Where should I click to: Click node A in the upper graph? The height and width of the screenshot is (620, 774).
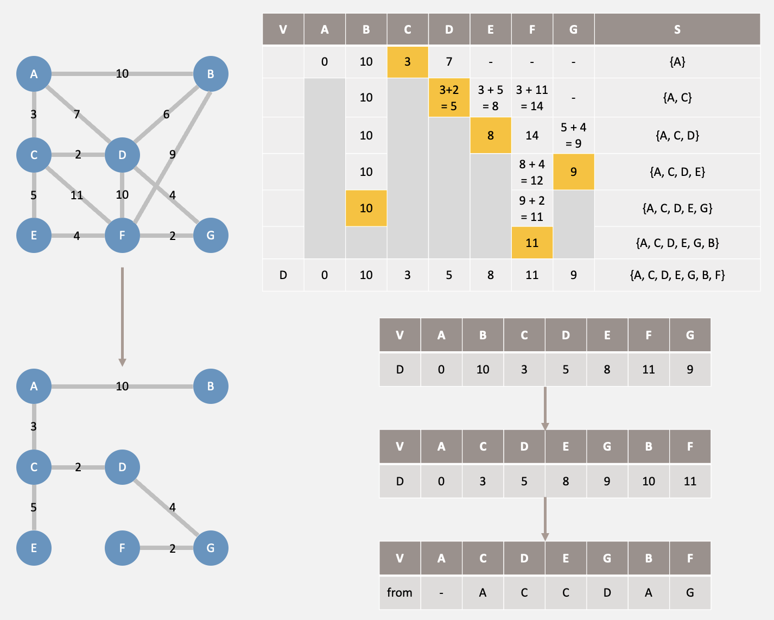[x=34, y=74]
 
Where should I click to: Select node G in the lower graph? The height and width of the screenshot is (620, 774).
[x=211, y=548]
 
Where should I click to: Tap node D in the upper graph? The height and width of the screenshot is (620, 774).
[x=122, y=155]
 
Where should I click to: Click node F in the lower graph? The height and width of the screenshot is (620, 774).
[x=122, y=548]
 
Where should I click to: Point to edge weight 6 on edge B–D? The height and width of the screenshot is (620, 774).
[x=166, y=114]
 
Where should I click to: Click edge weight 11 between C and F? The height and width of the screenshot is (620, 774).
[x=77, y=195]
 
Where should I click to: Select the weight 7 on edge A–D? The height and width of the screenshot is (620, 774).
[x=77, y=114]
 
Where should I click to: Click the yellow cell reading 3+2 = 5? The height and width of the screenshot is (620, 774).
[x=449, y=98]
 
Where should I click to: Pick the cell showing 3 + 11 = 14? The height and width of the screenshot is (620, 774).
[x=532, y=98]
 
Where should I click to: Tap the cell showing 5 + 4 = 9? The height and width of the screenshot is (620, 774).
[x=573, y=135]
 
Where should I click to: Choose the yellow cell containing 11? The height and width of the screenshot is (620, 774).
[x=532, y=243]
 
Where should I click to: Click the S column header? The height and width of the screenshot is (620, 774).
[x=677, y=29]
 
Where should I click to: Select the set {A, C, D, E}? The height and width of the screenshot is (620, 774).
[x=677, y=172]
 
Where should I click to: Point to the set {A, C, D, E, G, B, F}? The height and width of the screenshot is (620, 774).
[x=677, y=275]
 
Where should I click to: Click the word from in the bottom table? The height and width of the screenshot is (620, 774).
[x=399, y=592]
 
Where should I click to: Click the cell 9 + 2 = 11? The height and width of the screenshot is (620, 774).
[x=532, y=208]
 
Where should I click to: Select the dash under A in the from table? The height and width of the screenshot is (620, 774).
[x=441, y=592]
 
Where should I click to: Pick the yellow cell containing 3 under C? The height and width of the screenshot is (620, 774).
[x=408, y=62]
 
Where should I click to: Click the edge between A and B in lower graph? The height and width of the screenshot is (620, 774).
[x=87, y=387]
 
